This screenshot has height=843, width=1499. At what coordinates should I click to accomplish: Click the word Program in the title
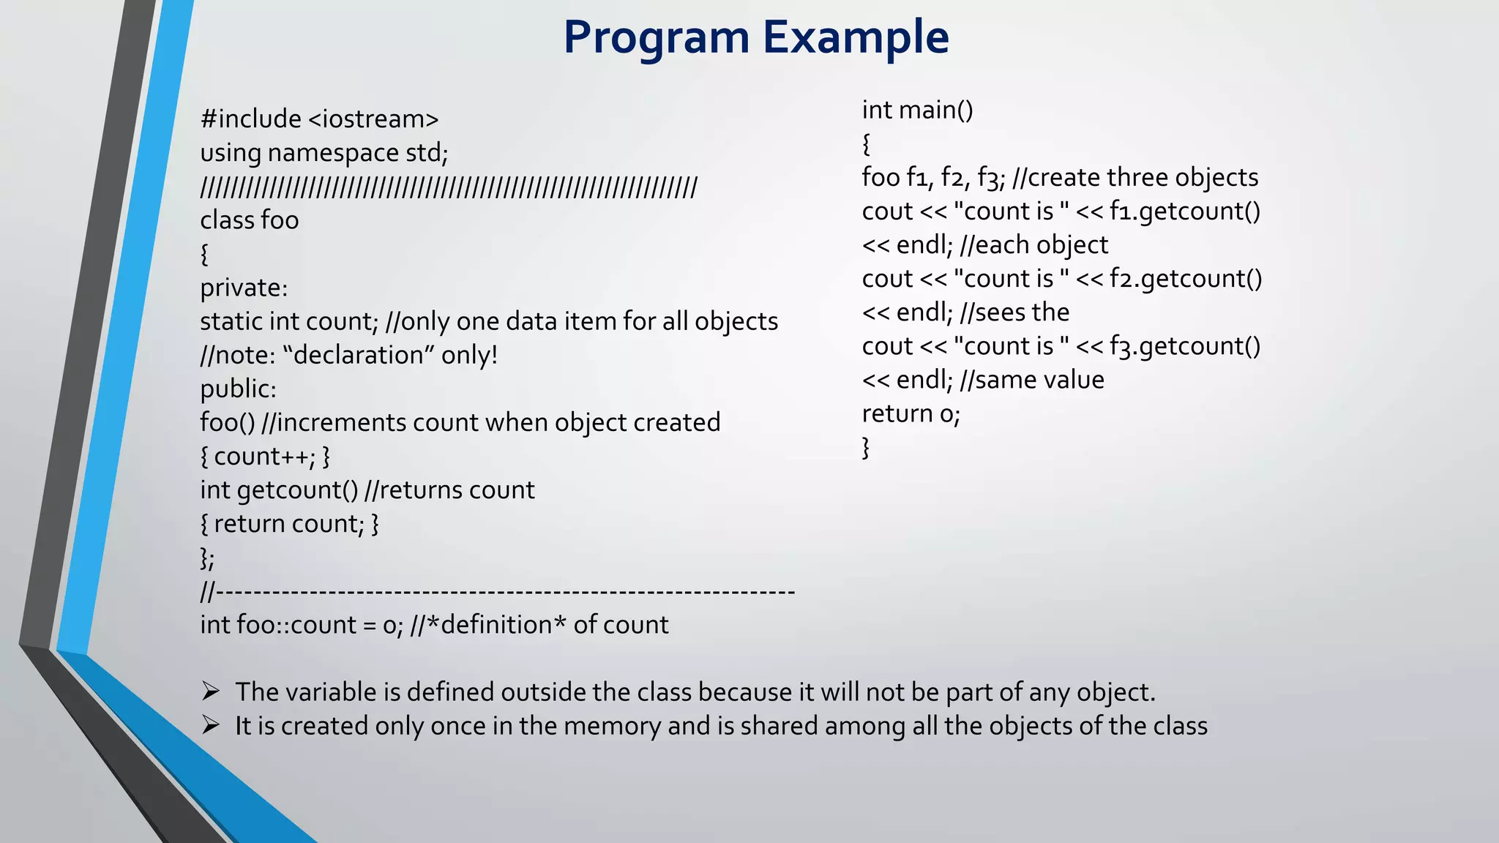pyautogui.click(x=657, y=38)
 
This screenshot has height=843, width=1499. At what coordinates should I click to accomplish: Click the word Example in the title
pyautogui.click(x=856, y=38)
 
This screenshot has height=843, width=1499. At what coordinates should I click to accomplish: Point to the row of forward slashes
pyautogui.click(x=449, y=187)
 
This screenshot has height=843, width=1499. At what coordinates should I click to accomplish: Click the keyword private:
pyautogui.click(x=244, y=288)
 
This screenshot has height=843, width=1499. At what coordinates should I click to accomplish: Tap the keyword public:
pyautogui.click(x=238, y=389)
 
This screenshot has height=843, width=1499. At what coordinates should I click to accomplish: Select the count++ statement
pyautogui.click(x=264, y=457)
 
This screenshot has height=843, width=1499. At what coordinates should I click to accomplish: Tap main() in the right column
pyautogui.click(x=936, y=110)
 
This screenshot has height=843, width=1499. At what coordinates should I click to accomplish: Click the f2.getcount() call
pyautogui.click(x=1186, y=279)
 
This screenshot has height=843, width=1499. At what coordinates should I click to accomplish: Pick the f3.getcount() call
pyautogui.click(x=1185, y=346)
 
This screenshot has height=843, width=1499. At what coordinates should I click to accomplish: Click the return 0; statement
pyautogui.click(x=911, y=414)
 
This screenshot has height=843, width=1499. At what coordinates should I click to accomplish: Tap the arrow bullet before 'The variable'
pyautogui.click(x=211, y=692)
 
